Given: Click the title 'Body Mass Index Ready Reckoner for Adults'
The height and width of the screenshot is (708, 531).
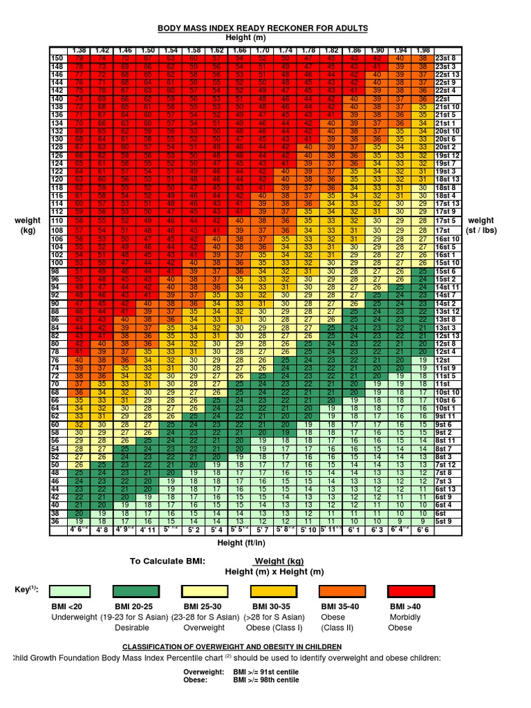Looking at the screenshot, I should [x=263, y=28].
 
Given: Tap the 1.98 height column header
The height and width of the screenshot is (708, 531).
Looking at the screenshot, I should [x=422, y=51].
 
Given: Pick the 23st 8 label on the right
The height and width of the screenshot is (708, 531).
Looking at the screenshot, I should [x=446, y=57].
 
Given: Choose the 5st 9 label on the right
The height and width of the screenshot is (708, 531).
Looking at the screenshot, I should [x=446, y=521].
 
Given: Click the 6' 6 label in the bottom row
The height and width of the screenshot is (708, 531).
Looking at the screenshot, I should [x=422, y=530].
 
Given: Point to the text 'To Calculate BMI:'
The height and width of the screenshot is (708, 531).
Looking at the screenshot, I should [x=167, y=561].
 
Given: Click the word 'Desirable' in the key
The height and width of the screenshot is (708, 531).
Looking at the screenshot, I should [x=132, y=628].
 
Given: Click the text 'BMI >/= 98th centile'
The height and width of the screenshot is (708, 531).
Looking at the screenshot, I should [x=266, y=680].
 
